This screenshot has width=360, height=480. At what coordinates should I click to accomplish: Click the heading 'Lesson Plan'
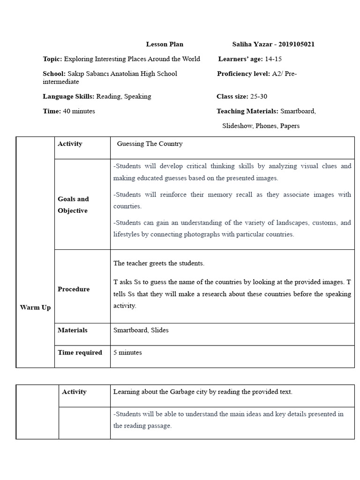coord(165,45)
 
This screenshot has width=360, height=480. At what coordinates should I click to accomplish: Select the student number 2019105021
coord(296,45)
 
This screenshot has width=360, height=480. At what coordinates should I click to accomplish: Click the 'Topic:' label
coord(52,59)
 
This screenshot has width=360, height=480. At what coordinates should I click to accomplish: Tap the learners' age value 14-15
coord(273,59)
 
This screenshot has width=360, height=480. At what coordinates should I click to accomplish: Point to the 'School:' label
coord(54,74)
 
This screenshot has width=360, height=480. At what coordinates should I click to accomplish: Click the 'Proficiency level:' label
coord(243,74)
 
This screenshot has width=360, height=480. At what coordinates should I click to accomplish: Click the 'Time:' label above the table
coord(52,112)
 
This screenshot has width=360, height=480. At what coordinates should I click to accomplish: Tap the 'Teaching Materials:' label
coord(247,112)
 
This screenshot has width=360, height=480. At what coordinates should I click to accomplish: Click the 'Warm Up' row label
coord(35,308)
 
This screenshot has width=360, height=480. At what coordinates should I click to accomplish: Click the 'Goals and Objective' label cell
coord(73,205)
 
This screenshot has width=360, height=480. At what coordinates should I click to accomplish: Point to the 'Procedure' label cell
coord(74,289)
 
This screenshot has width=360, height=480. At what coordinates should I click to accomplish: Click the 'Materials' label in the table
coord(73,330)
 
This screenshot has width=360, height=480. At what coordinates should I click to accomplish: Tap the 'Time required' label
coord(80,353)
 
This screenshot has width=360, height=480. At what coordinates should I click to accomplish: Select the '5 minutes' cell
coord(127,353)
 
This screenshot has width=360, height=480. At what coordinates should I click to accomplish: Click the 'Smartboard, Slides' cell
coord(141,330)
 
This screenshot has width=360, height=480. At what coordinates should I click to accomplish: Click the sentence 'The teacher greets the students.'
coord(159,263)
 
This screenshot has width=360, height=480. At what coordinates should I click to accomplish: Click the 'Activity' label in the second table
coord(74,392)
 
